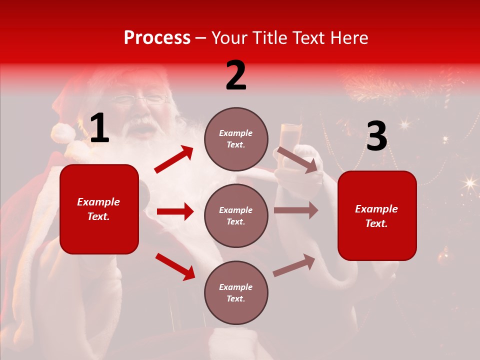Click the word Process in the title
coord(157,38)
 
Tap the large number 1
coord(99,128)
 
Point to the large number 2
coord(236,75)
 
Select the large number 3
coord(376,136)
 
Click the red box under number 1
coord(99,209)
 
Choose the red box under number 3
coord(377,215)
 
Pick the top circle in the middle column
coord(236,139)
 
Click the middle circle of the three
coord(236,215)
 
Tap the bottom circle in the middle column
coord(236,292)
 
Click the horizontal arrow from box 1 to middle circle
coord(175,211)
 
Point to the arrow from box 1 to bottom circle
coord(175,266)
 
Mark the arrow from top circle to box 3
coord(297,159)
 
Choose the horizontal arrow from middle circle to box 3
coord(295,210)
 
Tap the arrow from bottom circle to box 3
coord(294,265)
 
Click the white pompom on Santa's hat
coord(63,133)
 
